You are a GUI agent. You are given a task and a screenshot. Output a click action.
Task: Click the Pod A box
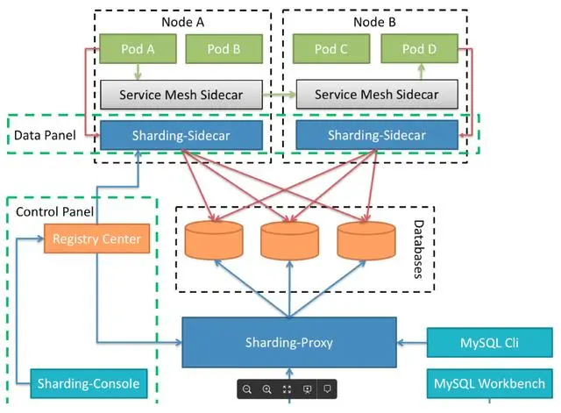pyautogui.click(x=138, y=50)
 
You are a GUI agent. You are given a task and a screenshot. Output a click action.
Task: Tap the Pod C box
pyautogui.click(x=331, y=50)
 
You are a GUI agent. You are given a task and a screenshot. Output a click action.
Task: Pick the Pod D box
pyautogui.click(x=419, y=50)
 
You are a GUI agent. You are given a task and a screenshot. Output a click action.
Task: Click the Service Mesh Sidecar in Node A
pyautogui.click(x=182, y=94)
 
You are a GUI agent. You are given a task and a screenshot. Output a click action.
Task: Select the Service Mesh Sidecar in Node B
pyautogui.click(x=376, y=94)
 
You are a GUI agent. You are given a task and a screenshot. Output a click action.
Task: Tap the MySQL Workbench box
pyautogui.click(x=489, y=383)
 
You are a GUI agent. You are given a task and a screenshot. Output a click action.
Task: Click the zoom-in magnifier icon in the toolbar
pyautogui.click(x=267, y=388)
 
